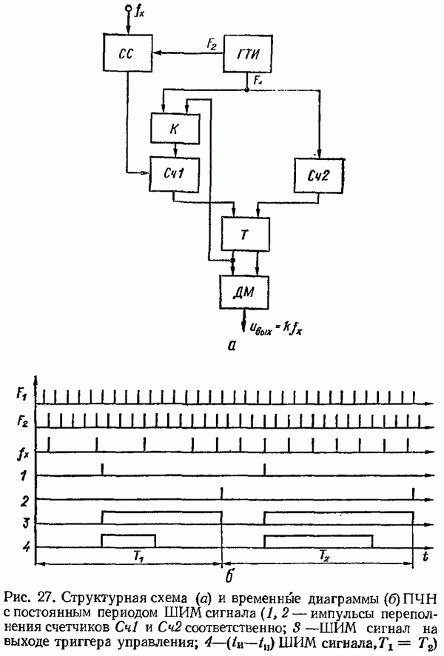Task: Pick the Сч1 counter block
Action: pos(174,174)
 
